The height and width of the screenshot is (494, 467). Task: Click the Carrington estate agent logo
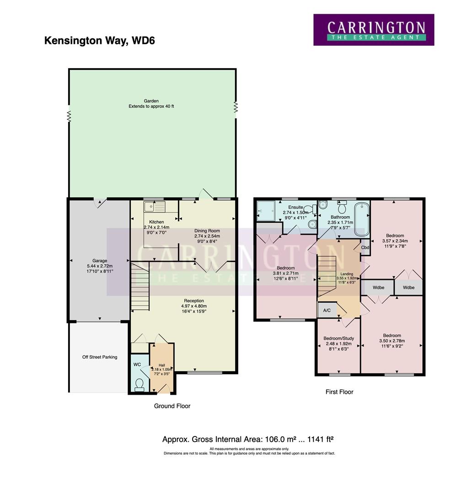pyautogui.click(x=374, y=30)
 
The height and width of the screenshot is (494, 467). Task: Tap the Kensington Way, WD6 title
pyautogui.click(x=99, y=41)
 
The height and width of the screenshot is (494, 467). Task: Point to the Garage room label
pyautogui.click(x=99, y=261)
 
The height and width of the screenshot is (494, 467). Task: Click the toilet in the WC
pyautogui.click(x=139, y=384)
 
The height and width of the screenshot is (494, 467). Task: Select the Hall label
pyautogui.click(x=161, y=365)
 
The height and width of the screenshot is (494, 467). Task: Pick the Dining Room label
pyautogui.click(x=207, y=231)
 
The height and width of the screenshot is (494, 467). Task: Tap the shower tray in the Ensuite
pyautogui.click(x=265, y=210)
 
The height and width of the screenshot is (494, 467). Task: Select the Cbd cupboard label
pyautogui.click(x=365, y=247)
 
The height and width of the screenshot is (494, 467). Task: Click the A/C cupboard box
pyautogui.click(x=327, y=310)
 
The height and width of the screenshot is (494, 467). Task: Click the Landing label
pyautogui.click(x=341, y=274)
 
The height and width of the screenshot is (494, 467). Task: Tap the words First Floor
pyautogui.click(x=339, y=392)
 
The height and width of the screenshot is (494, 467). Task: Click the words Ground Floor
pyautogui.click(x=172, y=406)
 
